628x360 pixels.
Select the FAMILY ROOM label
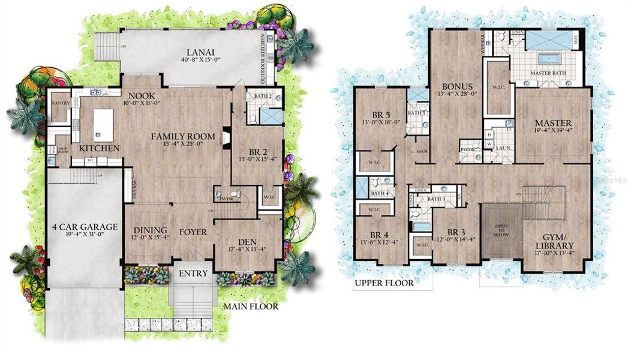[x=178, y=135]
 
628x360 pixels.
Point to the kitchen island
[x=103, y=125]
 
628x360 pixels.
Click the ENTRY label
[x=193, y=274]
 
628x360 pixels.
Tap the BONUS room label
[x=458, y=86]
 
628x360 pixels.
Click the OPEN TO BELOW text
[x=502, y=232]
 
